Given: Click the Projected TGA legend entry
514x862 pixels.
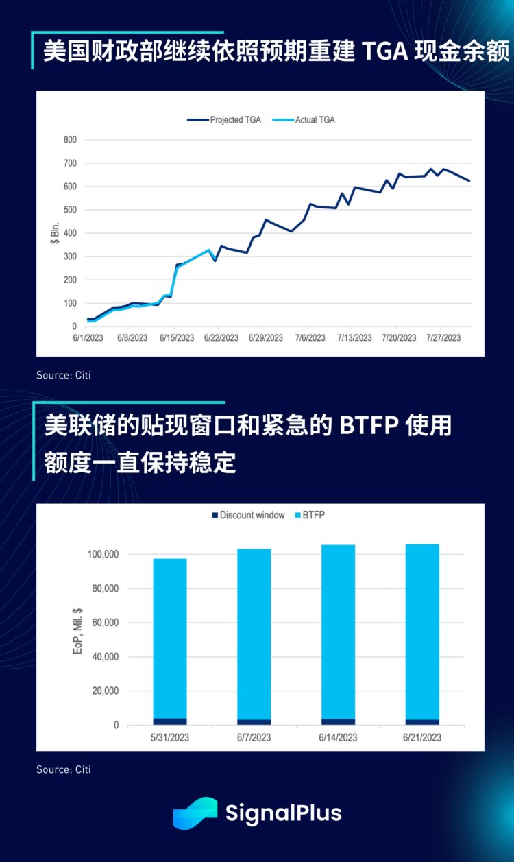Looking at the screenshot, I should click(224, 119).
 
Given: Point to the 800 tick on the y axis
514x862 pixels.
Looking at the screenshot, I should click(71, 140).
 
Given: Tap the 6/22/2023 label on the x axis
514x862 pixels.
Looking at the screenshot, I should click(220, 338).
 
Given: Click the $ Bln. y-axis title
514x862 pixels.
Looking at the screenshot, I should click(56, 233).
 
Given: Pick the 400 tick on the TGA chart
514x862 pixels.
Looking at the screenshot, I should click(71, 233).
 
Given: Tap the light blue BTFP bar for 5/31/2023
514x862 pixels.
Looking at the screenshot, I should click(170, 638).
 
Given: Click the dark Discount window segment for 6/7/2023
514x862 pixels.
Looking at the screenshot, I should click(254, 722).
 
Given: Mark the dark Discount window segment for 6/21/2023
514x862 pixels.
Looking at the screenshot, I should click(422, 722).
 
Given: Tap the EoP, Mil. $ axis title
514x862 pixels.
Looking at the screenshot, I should click(77, 630).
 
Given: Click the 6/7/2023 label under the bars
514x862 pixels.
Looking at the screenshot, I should click(254, 737).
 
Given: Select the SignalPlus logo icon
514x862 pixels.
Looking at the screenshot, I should click(195, 813).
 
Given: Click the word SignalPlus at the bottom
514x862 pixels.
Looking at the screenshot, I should click(283, 813).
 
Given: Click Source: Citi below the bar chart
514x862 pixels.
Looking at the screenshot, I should click(63, 769).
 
